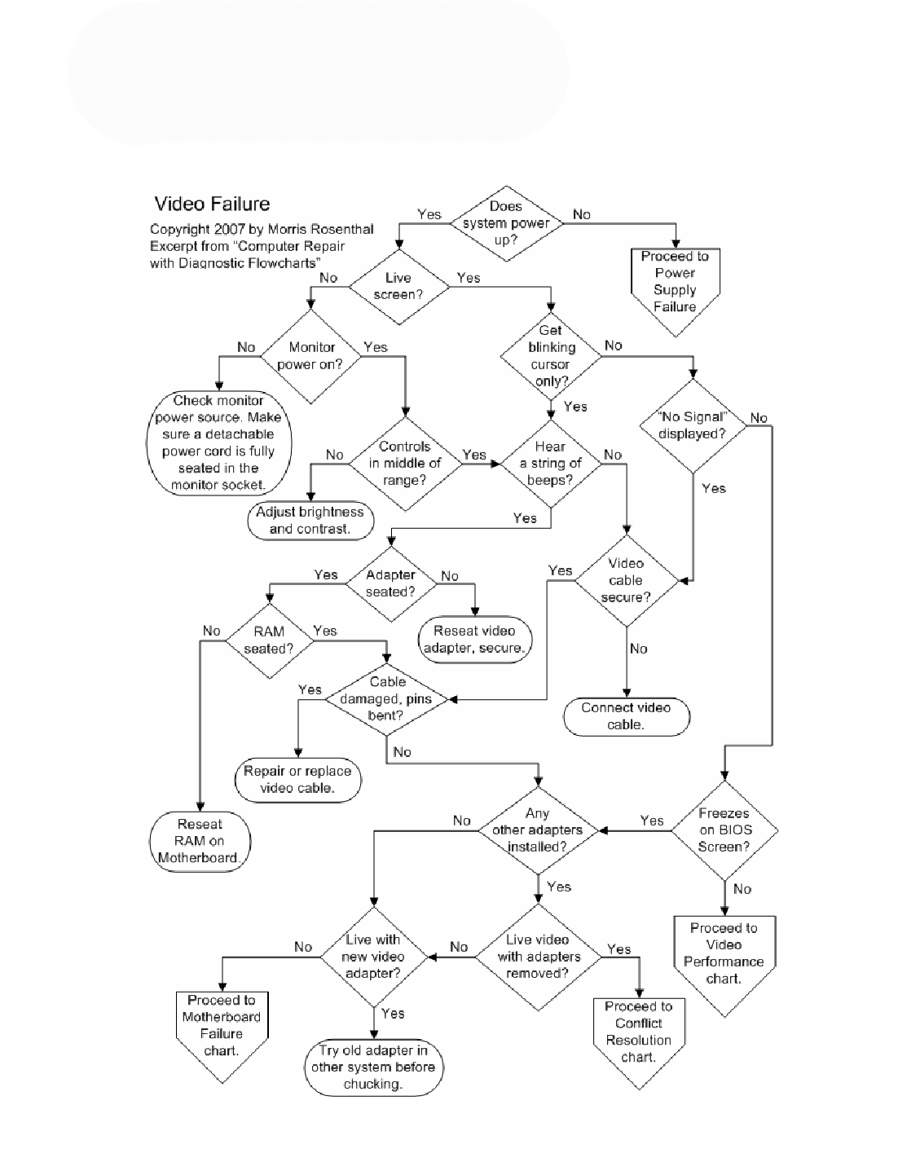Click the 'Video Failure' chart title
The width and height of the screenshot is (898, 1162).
(212, 204)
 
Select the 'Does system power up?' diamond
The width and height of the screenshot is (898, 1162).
(506, 223)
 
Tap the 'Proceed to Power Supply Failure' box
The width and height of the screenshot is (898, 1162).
(675, 285)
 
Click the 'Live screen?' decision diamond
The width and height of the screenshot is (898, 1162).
(398, 286)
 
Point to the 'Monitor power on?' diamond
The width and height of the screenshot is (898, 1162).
(310, 356)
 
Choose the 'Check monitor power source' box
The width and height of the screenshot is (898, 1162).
(218, 442)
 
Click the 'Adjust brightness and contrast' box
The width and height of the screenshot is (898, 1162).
(310, 521)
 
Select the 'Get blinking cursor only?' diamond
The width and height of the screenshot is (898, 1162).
(551, 356)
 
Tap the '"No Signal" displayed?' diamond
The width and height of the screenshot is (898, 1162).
(692, 425)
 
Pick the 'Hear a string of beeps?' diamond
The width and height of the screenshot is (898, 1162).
(551, 464)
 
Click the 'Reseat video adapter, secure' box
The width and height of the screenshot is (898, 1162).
(474, 640)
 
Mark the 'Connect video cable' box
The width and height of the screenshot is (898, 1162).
(626, 716)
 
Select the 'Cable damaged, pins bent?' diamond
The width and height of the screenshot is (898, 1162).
(387, 699)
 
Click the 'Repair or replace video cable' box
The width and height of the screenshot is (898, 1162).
(297, 780)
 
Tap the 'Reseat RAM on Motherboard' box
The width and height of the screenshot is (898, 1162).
(199, 841)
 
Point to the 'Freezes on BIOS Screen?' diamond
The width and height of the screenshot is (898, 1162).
(724, 830)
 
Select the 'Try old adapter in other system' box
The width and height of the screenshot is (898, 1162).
(373, 1067)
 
